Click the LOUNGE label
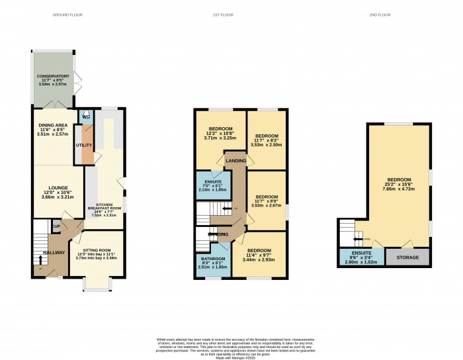(51, 187)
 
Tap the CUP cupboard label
(57, 227)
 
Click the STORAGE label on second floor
(405, 257)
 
